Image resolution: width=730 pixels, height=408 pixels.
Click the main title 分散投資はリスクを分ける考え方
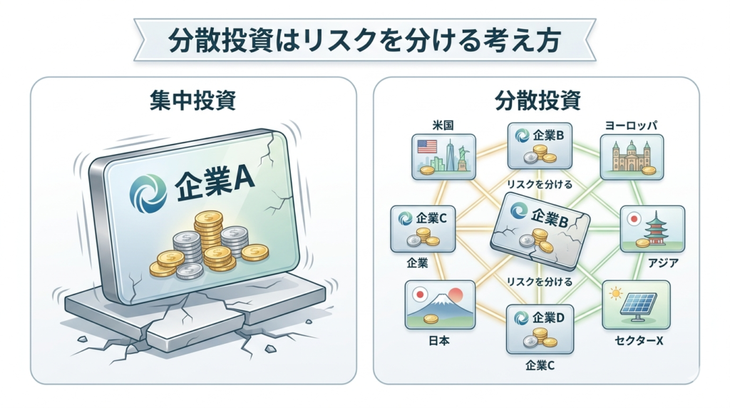(x=364, y=40)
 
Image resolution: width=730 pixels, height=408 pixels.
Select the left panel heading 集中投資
(x=192, y=100)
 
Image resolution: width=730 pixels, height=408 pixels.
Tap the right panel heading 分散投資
(x=538, y=100)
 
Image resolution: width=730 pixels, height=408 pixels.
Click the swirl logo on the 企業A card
(x=148, y=193)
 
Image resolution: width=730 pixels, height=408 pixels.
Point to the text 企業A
(x=215, y=185)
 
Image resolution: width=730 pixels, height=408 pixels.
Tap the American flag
(x=427, y=147)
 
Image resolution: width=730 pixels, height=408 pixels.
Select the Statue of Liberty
(x=462, y=158)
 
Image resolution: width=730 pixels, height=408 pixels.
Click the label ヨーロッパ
(x=631, y=126)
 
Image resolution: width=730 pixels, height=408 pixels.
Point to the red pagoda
(x=656, y=228)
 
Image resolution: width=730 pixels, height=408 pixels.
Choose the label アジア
(x=663, y=263)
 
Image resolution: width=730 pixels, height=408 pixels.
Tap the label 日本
(x=438, y=341)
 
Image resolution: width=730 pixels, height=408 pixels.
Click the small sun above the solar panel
(x=616, y=294)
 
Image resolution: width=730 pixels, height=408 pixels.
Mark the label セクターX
(x=639, y=341)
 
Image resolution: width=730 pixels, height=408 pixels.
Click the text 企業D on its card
(x=548, y=317)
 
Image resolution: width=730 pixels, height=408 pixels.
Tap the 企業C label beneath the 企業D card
(x=540, y=366)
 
